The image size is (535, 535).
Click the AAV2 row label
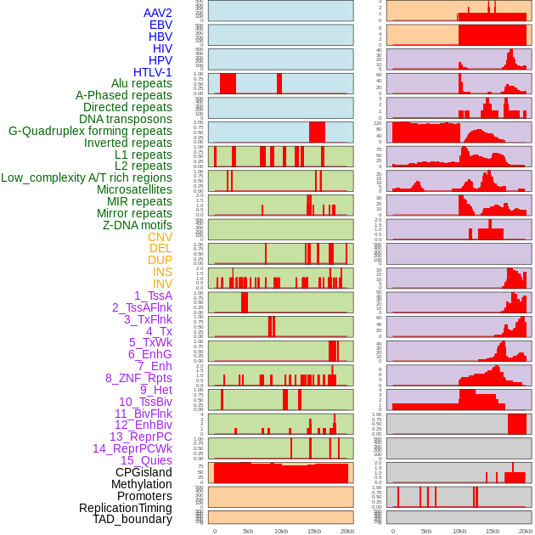pos(158,13)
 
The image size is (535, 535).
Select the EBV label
pos(160,25)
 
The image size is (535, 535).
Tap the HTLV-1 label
pos(153,72)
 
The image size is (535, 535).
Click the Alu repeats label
pos(142,83)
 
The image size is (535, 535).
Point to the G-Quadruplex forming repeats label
pos(90,131)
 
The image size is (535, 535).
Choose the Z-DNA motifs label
pos(138,225)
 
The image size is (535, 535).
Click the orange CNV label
pos(160,237)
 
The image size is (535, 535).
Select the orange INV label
pos(162,284)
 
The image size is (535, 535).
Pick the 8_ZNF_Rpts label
pos(138,378)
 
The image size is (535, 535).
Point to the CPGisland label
pos(144,472)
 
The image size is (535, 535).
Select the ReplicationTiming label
pos(125,508)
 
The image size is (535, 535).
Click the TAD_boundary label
pos(132,519)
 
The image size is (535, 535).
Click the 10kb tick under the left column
pos(281,532)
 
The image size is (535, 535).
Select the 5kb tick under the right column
pos(426,532)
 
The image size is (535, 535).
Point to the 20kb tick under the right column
pos(526,532)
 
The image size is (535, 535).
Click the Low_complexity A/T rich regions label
pos(87,177)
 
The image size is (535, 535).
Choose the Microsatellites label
pos(134,189)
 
